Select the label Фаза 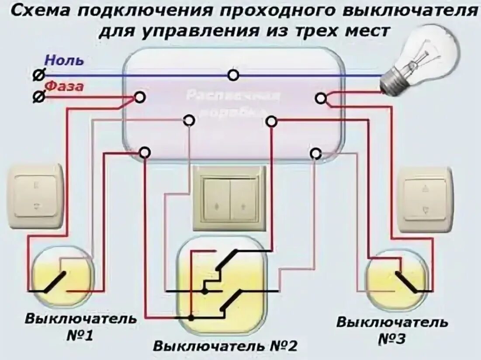(x=64, y=87)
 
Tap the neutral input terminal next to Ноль (x=38, y=75)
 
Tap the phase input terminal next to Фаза (x=38, y=97)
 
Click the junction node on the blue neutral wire (x=234, y=75)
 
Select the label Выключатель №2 (x=225, y=346)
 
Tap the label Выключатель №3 (x=392, y=330)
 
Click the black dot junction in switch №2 (x=191, y=318)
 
